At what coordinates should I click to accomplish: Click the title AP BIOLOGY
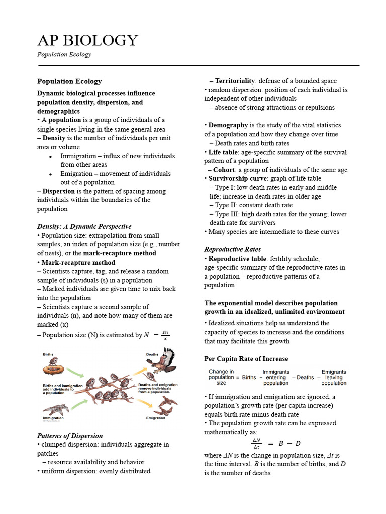coord(87,40)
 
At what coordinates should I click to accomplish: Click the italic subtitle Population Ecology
coord(64,54)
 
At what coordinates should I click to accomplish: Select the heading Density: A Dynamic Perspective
coord(84,226)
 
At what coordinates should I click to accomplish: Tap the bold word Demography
coord(228,125)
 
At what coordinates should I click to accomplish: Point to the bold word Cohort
coord(224,170)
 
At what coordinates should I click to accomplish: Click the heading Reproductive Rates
coord(232,249)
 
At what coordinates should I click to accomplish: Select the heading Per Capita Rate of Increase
coord(246,359)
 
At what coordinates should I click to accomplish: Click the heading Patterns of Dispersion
coord(70,436)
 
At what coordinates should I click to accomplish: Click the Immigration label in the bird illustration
coord(53,418)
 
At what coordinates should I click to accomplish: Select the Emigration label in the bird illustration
coord(155,418)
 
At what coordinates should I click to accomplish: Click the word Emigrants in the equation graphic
coord(334,372)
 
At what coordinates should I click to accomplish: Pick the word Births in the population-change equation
coord(249,377)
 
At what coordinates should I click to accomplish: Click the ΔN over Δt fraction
coord(257,443)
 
